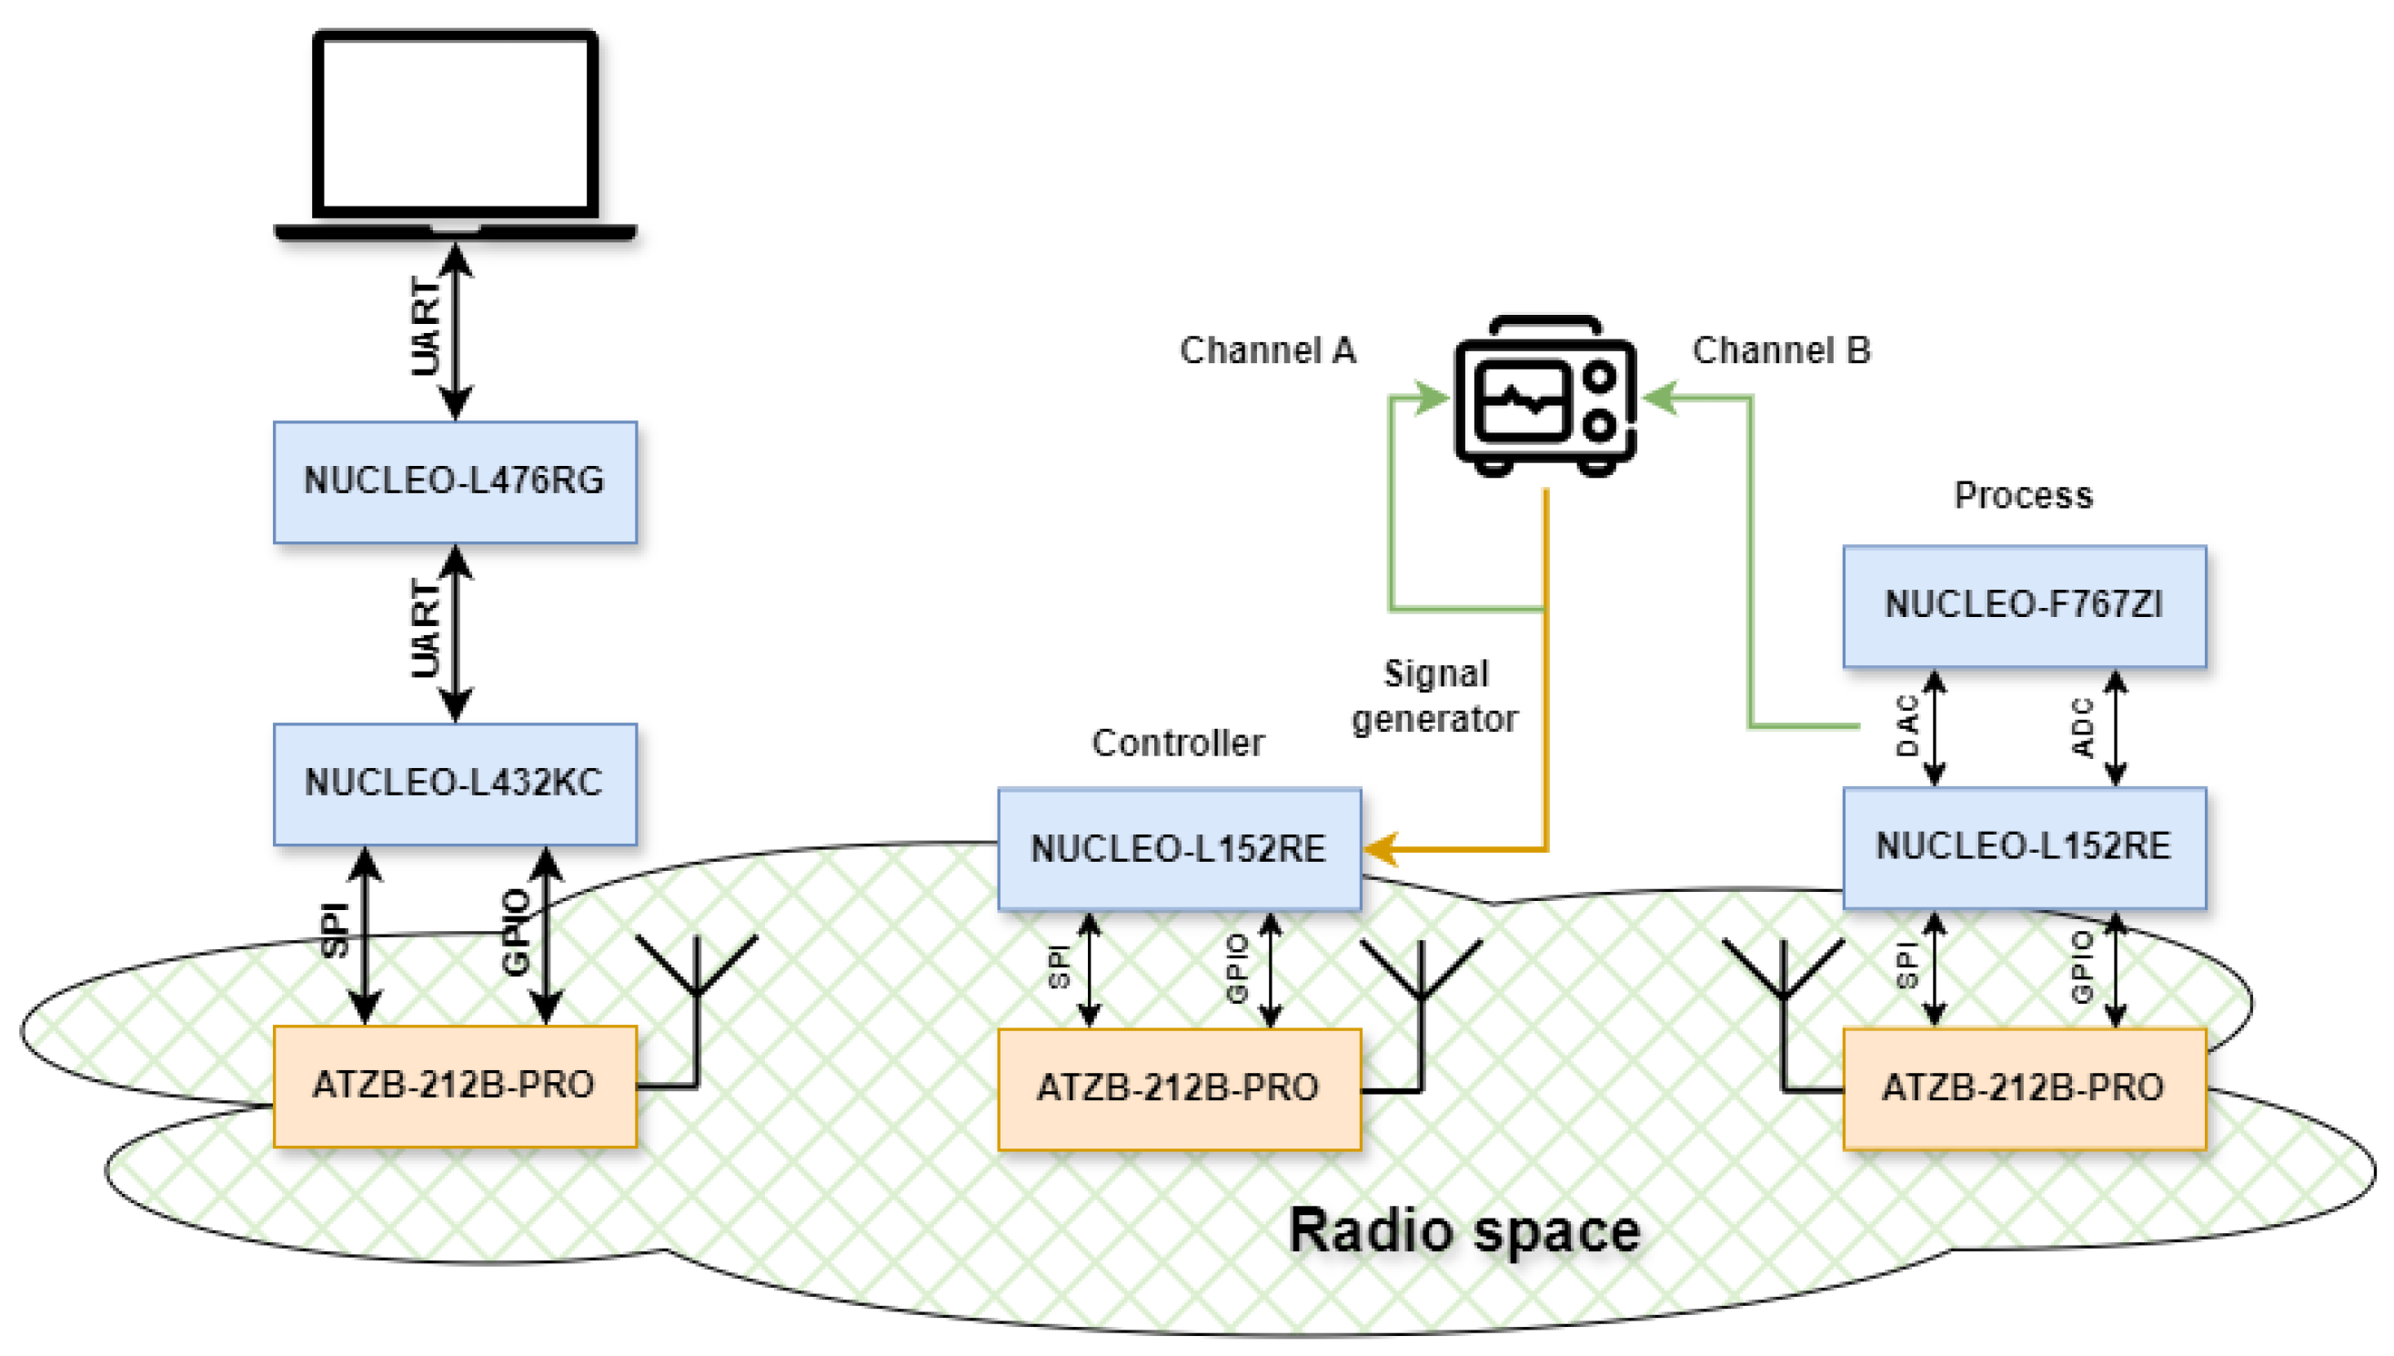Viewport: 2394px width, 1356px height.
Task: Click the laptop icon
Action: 454,135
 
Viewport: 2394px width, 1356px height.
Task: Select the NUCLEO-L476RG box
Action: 454,481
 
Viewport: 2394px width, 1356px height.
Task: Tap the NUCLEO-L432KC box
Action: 454,784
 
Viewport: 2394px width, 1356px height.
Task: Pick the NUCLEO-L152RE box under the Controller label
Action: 1179,848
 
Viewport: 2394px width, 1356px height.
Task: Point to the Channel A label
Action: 1267,351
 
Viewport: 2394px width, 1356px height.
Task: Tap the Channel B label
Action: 1780,351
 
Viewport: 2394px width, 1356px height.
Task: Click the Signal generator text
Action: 1434,696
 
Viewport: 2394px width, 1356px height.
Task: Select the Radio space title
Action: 1464,1231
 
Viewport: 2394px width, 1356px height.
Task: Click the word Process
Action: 2023,495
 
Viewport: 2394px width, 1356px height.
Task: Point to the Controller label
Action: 1178,744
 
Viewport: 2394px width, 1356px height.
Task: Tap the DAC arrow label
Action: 1906,726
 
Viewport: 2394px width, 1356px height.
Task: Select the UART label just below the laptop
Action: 426,328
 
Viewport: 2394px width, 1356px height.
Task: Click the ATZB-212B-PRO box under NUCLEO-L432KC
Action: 454,1086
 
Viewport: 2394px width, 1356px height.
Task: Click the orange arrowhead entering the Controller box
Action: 1381,848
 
